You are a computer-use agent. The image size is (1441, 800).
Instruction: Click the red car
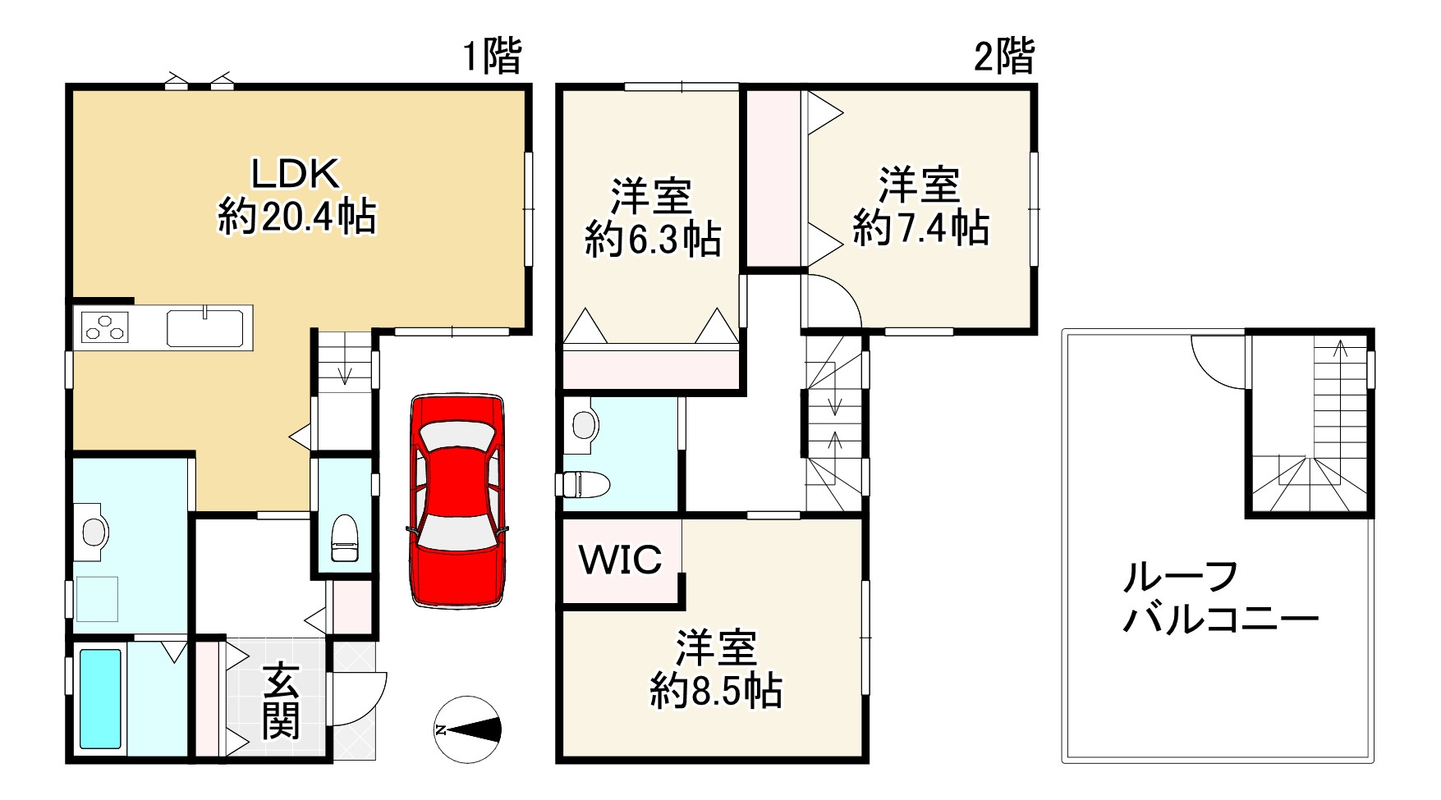click(457, 501)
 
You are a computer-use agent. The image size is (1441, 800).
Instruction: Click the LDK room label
click(295, 174)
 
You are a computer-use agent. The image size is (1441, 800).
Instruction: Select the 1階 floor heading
click(492, 57)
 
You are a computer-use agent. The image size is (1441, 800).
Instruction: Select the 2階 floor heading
click(1003, 57)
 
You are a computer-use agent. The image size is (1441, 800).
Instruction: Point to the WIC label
click(621, 560)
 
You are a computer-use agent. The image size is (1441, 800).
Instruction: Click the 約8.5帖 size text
click(716, 691)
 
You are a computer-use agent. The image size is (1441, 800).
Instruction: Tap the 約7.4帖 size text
click(920, 227)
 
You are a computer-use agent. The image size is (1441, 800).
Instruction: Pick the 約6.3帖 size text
click(653, 240)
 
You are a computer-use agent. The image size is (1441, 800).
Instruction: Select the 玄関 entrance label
click(281, 700)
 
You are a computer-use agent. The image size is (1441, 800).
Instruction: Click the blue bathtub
click(100, 698)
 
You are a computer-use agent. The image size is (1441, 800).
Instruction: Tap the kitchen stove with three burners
click(105, 328)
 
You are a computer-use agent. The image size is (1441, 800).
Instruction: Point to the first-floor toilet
click(344, 538)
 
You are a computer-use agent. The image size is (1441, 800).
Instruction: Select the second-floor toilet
click(585, 484)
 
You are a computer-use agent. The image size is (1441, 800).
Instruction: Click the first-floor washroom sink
click(96, 532)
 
